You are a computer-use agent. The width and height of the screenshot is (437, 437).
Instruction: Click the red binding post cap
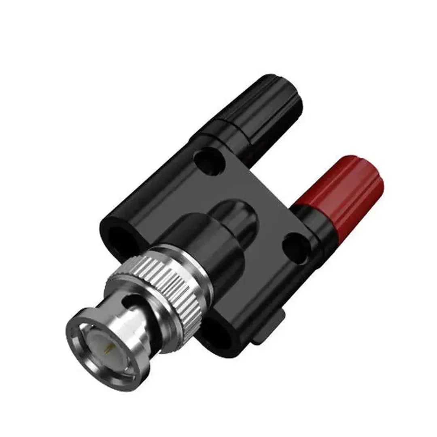(x=338, y=190)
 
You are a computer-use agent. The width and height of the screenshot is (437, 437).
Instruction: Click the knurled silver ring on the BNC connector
(x=162, y=291)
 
